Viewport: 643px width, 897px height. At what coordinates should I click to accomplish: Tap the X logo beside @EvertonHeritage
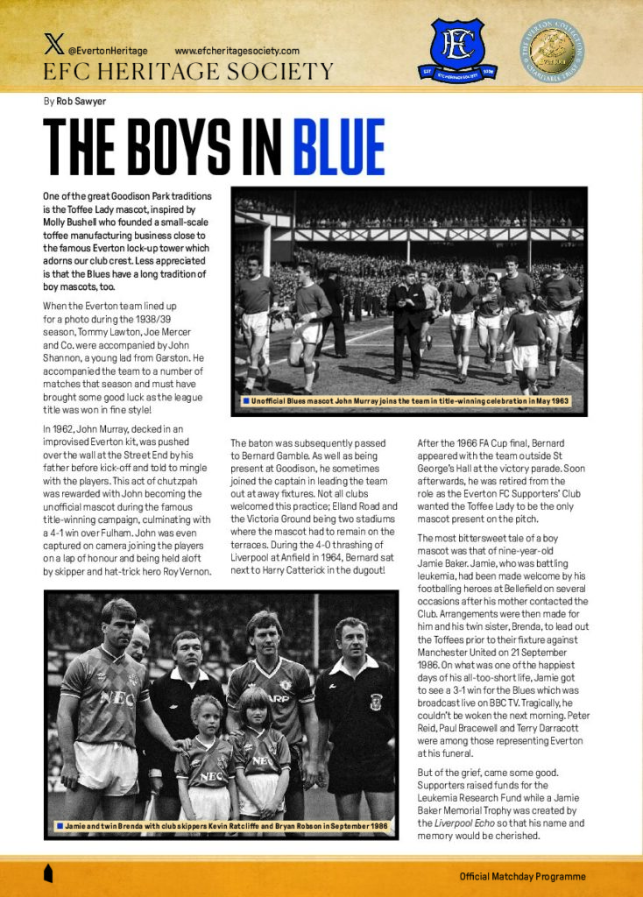[x=53, y=50]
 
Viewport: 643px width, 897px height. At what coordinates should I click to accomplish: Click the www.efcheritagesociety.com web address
[x=237, y=51]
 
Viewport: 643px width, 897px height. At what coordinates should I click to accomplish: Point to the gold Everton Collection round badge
[x=555, y=51]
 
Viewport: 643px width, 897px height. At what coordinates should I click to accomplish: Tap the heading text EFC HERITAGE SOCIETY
[x=188, y=72]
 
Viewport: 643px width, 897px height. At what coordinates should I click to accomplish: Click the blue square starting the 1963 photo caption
[x=246, y=401]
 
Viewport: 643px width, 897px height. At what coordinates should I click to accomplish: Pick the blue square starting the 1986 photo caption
[x=59, y=824]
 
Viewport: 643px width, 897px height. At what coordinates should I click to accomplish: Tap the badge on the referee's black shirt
[x=375, y=701]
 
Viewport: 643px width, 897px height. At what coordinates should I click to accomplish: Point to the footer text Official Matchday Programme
[x=522, y=876]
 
